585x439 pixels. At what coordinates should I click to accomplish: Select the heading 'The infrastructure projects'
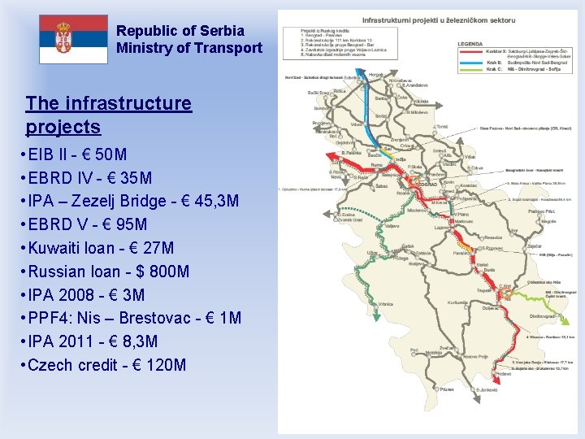click(108, 115)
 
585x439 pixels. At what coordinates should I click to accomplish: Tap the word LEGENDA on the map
click(470, 43)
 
